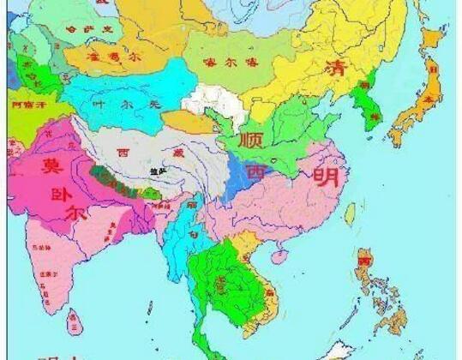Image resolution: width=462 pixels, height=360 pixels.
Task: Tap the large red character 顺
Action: pos(253,138)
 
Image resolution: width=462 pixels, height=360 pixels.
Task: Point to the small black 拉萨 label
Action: pos(155,172)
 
